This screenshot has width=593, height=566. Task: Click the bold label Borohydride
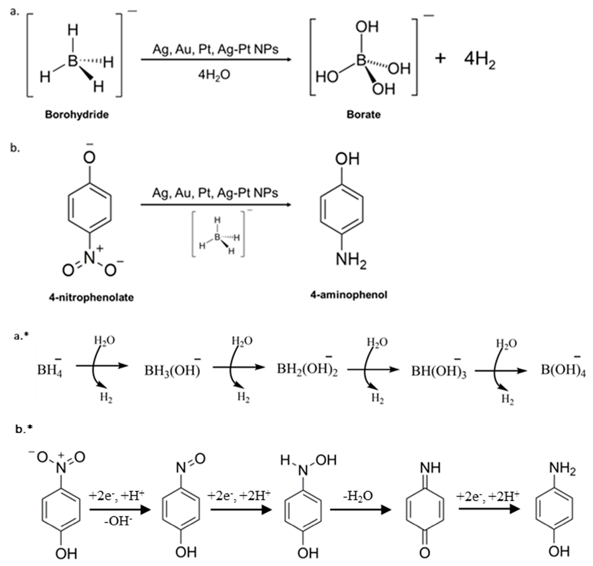[77, 115]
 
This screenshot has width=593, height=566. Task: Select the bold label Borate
[363, 115]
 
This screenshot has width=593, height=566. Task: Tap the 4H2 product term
[480, 60]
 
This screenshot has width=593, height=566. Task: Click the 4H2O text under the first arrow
[214, 75]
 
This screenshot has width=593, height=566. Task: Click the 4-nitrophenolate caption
[91, 297]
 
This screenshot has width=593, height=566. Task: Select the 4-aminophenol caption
[349, 295]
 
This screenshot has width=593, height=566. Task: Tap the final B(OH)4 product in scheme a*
[563, 370]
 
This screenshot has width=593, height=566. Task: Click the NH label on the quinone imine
[430, 468]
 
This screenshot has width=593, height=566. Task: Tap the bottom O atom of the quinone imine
[425, 553]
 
